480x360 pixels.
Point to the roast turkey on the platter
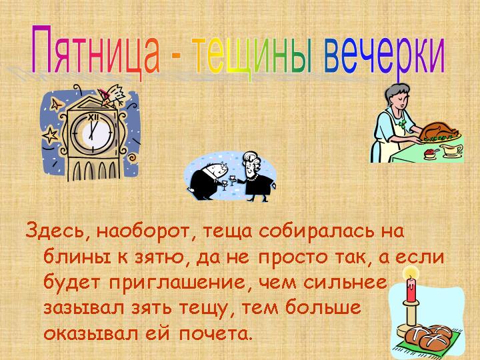click(436, 129)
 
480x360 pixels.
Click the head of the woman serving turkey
click(391, 99)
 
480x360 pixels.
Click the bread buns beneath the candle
click(433, 337)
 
